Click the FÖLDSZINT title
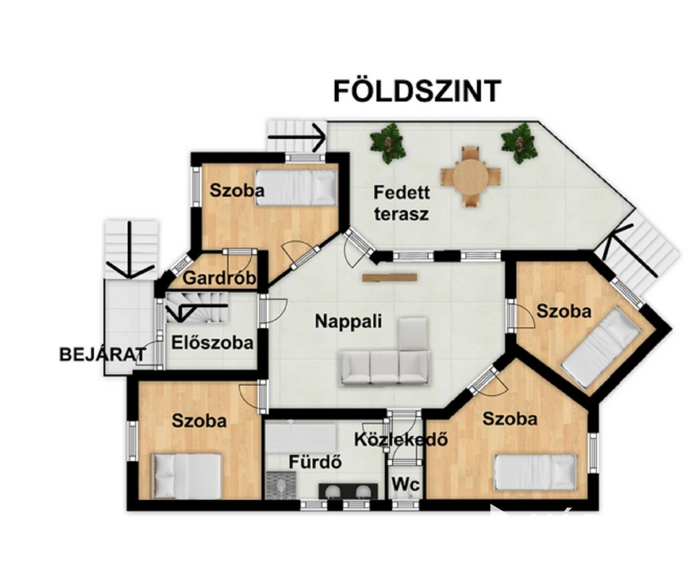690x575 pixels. point(417,91)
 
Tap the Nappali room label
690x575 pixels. point(349,321)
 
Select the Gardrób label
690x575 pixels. point(219,278)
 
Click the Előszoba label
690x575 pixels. point(212,343)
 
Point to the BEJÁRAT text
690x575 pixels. point(103,354)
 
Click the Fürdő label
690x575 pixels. point(315,462)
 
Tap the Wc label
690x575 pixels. point(406,485)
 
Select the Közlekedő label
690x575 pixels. point(401,439)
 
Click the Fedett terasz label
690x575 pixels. point(402,203)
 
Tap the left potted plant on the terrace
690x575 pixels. point(388,143)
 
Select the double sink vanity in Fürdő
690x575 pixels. point(348,491)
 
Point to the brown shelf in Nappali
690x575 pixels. point(389,277)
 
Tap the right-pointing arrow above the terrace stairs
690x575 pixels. point(297,137)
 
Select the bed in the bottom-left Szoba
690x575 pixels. point(186,476)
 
